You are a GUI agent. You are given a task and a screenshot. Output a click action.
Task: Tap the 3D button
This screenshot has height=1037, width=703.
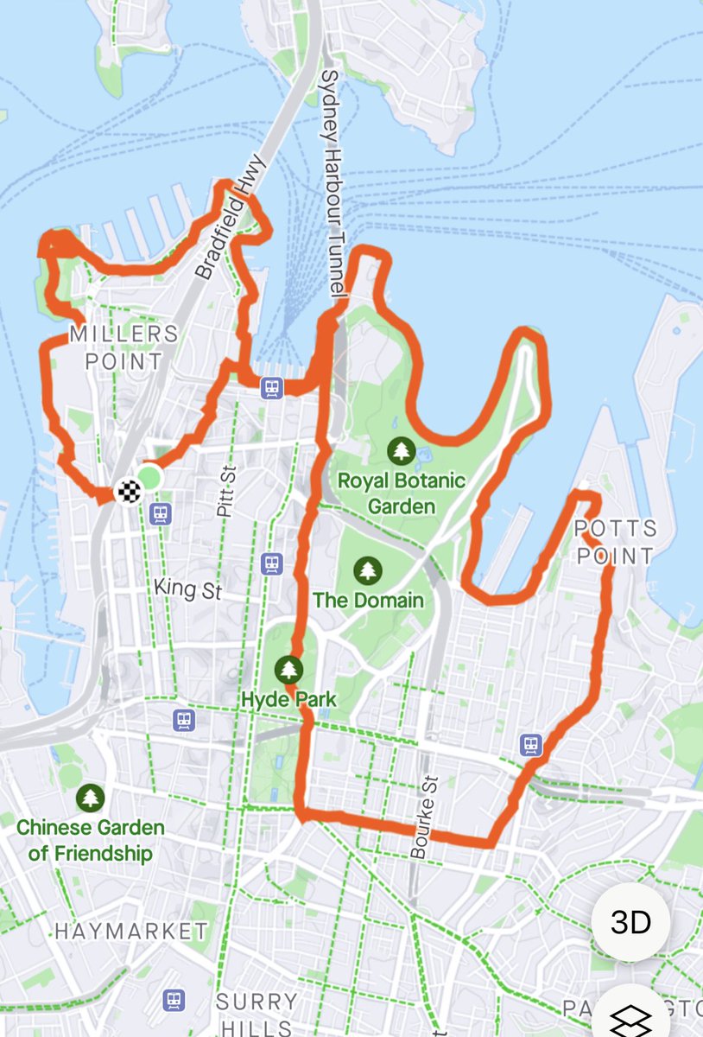pyautogui.click(x=630, y=922)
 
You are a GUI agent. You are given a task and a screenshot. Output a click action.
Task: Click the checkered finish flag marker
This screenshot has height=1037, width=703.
pyautogui.click(x=129, y=492)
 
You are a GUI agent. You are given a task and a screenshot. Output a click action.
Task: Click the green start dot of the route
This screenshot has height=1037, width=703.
pyautogui.click(x=149, y=477)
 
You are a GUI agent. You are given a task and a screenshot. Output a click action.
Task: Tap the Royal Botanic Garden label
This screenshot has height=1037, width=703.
pyautogui.click(x=401, y=493)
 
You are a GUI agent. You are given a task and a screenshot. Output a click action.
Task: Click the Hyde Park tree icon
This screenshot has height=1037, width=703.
pyautogui.click(x=288, y=668)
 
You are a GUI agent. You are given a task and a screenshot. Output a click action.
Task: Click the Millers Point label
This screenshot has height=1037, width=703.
pyautogui.click(x=124, y=347)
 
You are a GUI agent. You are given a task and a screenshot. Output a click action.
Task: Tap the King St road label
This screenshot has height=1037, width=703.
pyautogui.click(x=187, y=589)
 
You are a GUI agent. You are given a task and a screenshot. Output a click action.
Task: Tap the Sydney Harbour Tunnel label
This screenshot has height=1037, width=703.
pyautogui.click(x=332, y=186)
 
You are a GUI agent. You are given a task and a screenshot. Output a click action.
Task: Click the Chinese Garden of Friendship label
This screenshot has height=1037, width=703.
pyautogui.click(x=90, y=840)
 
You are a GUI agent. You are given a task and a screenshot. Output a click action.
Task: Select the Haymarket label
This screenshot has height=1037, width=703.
pyautogui.click(x=131, y=931)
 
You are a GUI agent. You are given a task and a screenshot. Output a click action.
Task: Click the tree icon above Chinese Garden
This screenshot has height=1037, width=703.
pyautogui.click(x=90, y=797)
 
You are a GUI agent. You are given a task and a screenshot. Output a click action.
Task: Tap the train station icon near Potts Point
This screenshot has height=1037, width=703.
pyautogui.click(x=531, y=743)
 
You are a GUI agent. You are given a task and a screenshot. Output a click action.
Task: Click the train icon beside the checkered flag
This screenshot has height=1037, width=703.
pyautogui.click(x=159, y=514)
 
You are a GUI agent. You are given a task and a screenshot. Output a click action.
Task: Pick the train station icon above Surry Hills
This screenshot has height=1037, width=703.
pyautogui.click(x=174, y=1001)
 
